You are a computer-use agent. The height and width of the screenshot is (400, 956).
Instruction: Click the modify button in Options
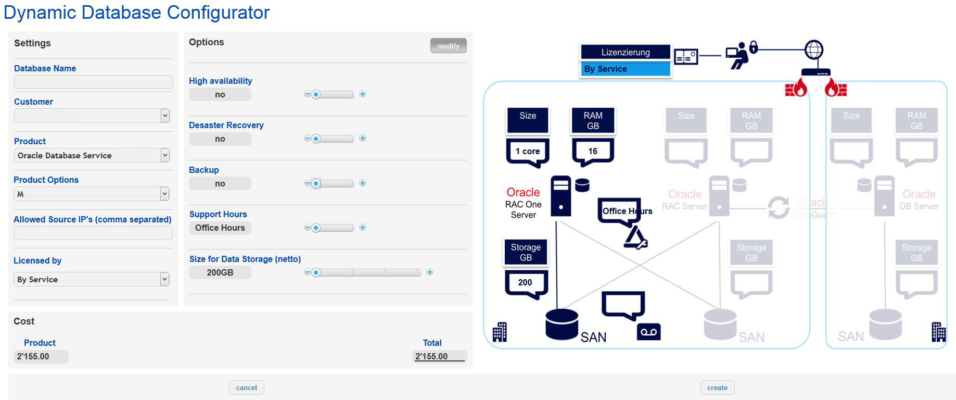click(448, 46)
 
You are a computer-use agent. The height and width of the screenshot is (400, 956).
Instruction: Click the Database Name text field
click(93, 82)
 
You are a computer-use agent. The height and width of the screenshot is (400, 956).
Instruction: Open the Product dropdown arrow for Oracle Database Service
click(165, 155)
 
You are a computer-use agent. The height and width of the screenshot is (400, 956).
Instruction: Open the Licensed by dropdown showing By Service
click(164, 279)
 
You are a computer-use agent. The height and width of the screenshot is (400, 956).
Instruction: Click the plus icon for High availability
click(363, 94)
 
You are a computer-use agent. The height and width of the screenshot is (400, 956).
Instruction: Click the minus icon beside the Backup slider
click(307, 183)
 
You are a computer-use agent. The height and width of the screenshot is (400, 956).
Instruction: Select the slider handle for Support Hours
click(316, 228)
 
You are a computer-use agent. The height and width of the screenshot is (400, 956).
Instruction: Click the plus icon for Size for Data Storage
click(430, 272)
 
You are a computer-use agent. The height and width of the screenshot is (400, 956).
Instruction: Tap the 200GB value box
click(220, 272)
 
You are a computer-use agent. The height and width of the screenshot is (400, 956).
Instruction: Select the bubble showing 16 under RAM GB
click(593, 151)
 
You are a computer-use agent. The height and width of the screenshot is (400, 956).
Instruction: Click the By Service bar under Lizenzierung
click(625, 69)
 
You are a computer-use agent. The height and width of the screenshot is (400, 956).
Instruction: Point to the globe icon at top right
click(814, 50)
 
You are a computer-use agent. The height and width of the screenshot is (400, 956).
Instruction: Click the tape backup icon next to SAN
click(648, 332)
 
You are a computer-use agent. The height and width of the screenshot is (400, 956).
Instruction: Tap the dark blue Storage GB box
click(526, 252)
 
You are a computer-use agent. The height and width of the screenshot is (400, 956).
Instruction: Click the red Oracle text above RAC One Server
click(523, 192)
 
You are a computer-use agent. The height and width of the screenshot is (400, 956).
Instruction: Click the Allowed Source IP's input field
click(93, 233)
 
